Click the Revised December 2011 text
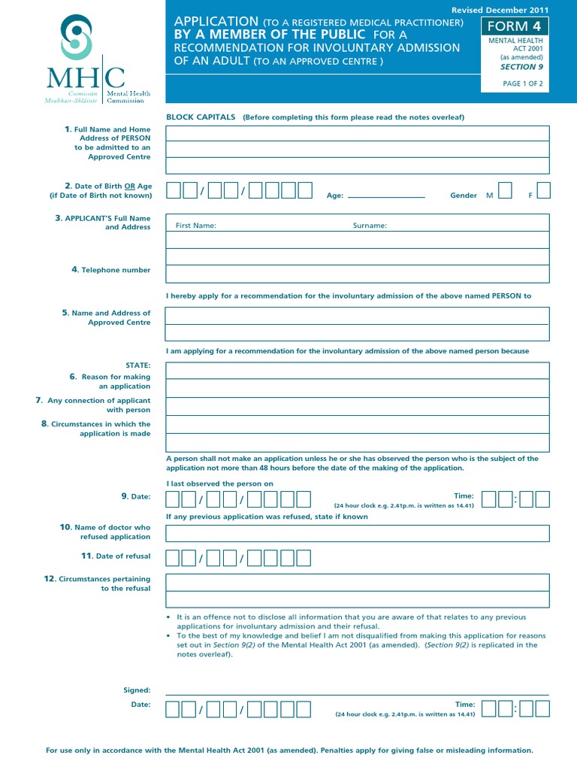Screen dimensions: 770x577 pos(500,10)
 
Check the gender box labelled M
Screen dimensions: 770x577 pos(506,190)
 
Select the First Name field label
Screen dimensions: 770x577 pos(195,226)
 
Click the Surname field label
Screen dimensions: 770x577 pos(370,226)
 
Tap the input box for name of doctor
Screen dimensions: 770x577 pos(357,534)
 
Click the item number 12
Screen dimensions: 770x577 pos(50,579)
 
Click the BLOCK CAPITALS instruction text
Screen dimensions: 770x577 pos(201,117)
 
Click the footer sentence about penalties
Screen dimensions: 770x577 pos(289,750)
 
